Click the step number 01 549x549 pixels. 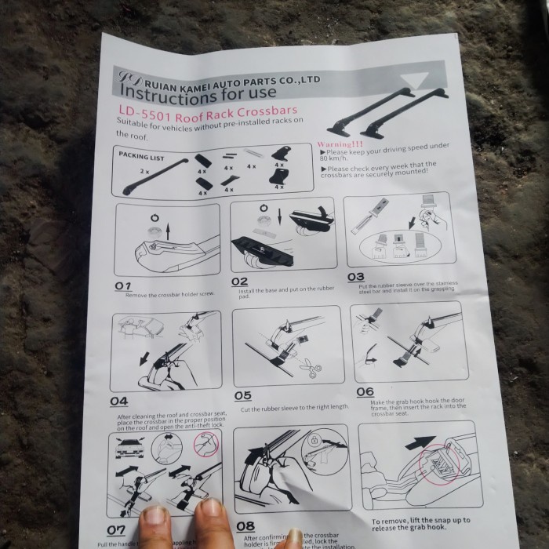coord(123,285)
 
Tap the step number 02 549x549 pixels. coord(240,282)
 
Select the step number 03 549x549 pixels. coord(356,277)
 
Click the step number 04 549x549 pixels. coord(118,400)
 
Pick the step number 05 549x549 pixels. coord(242,396)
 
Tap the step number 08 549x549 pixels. coord(245,526)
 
